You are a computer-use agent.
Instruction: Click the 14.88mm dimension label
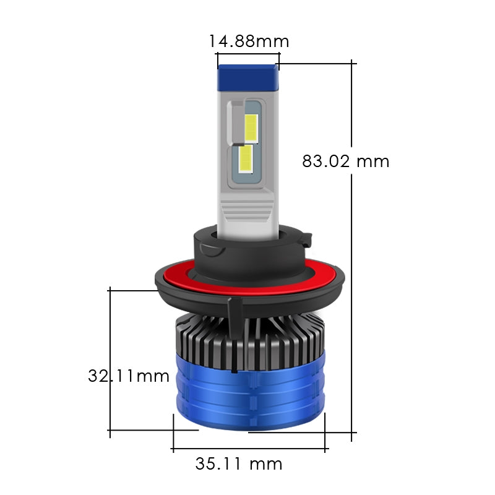(x=249, y=41)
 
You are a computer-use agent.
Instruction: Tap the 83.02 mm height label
(x=346, y=161)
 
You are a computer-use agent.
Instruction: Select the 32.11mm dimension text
(x=129, y=376)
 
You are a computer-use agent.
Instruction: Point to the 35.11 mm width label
(x=239, y=463)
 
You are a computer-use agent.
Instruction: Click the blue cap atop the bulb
(x=247, y=77)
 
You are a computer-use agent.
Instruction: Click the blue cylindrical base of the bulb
(x=247, y=396)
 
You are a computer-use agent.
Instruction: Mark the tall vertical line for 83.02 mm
(x=353, y=278)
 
